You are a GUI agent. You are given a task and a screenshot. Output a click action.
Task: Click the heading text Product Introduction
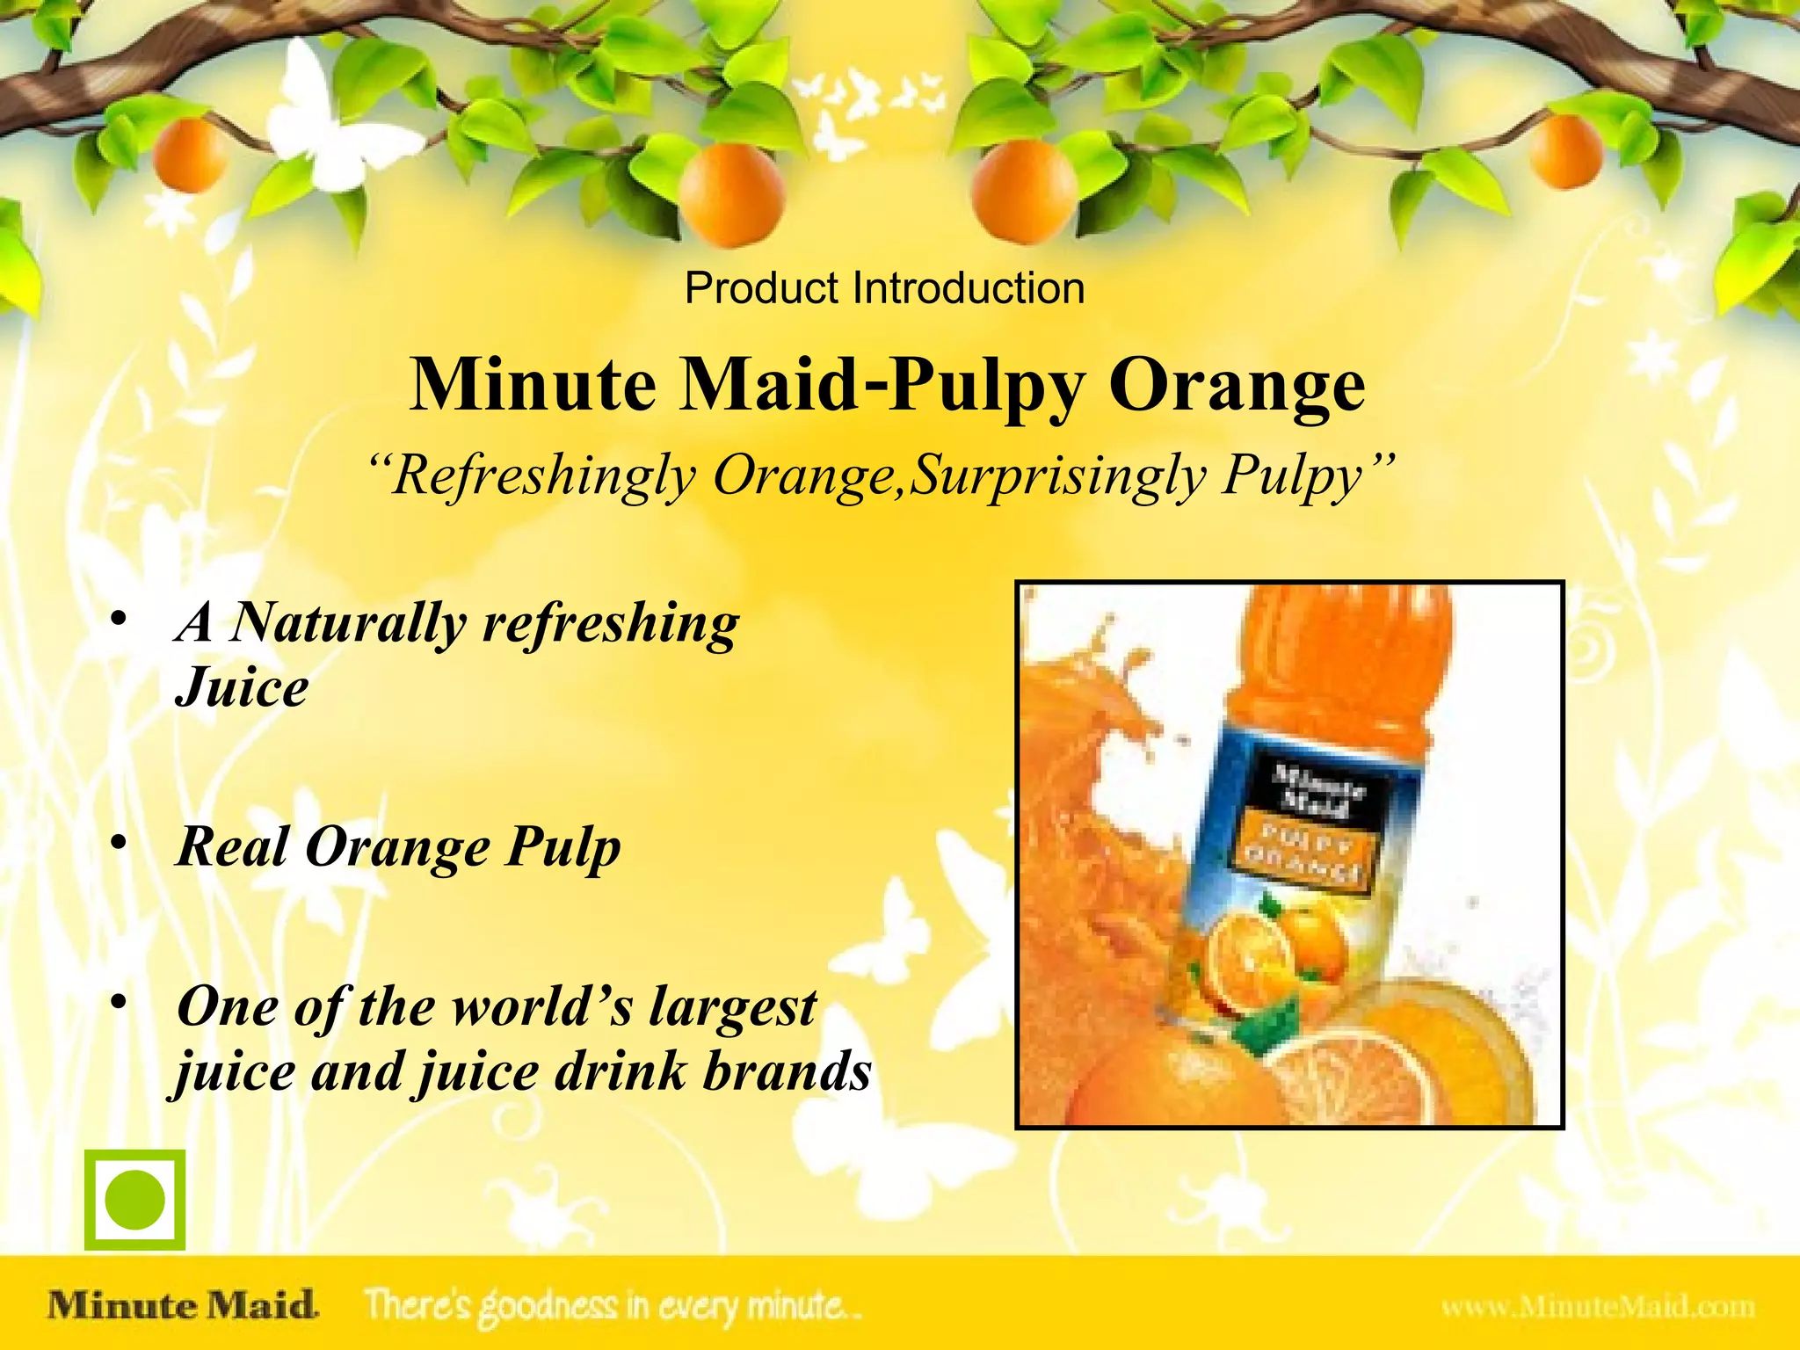(884, 288)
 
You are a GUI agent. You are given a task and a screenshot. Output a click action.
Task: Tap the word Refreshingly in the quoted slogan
(544, 476)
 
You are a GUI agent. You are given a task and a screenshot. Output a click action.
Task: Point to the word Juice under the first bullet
(242, 687)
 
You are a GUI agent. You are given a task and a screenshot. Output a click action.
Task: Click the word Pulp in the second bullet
(562, 847)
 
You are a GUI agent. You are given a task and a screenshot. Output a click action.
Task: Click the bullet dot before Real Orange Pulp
(120, 843)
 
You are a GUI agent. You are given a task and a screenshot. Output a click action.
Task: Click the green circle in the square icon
(134, 1200)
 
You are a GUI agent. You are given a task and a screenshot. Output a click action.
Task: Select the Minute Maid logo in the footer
(183, 1304)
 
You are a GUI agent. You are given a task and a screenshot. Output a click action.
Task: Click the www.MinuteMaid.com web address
(1597, 1307)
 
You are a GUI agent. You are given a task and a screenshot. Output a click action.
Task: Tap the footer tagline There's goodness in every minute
(613, 1306)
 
